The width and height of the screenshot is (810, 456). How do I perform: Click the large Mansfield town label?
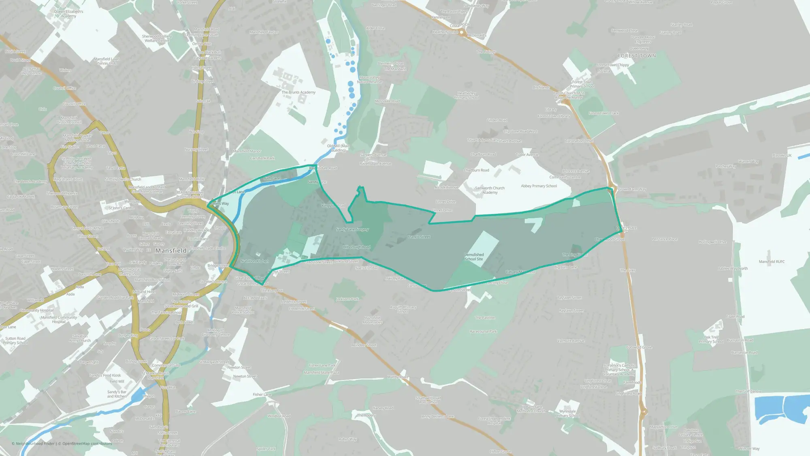pyautogui.click(x=171, y=250)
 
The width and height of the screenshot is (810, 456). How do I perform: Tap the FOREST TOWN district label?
pyautogui.click(x=637, y=56)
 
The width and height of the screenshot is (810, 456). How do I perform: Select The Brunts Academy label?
pyautogui.click(x=298, y=92)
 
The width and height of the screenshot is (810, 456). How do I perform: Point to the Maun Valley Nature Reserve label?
pyautogui.click(x=369, y=79)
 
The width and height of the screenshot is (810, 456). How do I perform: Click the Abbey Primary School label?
pyautogui.click(x=539, y=186)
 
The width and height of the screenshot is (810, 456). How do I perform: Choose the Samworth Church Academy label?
pyautogui.click(x=490, y=190)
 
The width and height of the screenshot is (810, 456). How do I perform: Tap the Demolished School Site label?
pyautogui.click(x=474, y=257)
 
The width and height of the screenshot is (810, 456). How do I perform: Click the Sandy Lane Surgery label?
pyautogui.click(x=352, y=229)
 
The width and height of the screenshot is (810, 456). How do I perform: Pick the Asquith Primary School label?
pyautogui.click(x=403, y=309)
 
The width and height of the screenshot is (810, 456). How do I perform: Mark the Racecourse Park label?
pyautogui.click(x=483, y=332)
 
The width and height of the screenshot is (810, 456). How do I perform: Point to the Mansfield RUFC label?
pyautogui.click(x=772, y=262)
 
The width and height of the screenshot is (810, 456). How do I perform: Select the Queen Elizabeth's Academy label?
pyautogui.click(x=68, y=14)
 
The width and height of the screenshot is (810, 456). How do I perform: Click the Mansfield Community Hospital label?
pyautogui.click(x=59, y=319)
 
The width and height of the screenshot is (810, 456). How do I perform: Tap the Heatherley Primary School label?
pyautogui.click(x=467, y=95)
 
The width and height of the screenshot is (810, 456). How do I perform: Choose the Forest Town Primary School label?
pyautogui.click(x=582, y=84)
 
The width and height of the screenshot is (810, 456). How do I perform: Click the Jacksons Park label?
pyautogui.click(x=347, y=299)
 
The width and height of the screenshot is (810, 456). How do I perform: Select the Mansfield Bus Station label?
pyautogui.click(x=152, y=280)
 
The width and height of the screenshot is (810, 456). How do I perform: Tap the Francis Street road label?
pyautogui.click(x=419, y=237)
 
